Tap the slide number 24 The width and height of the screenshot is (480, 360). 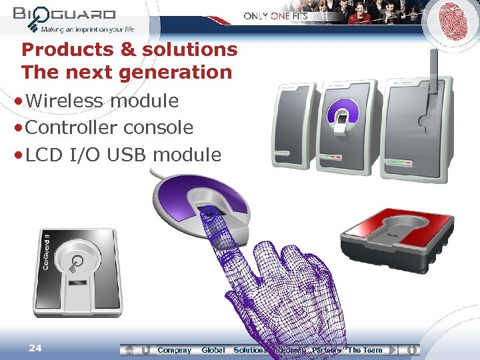[x=36, y=347]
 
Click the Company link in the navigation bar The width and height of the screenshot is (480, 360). [x=174, y=350]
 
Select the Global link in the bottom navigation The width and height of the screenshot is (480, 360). [x=213, y=350]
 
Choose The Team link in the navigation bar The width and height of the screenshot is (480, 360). [x=365, y=350]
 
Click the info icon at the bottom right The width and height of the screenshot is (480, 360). [x=412, y=349]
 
